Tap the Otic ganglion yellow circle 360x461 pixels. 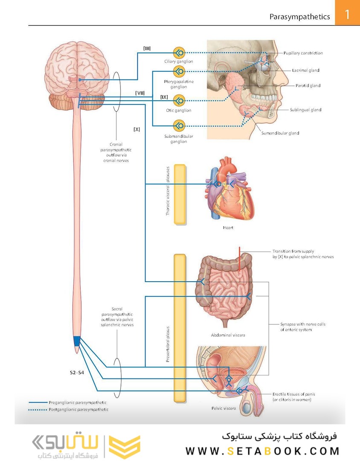[179, 101]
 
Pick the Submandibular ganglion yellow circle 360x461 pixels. [179, 125]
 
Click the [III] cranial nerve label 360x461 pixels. [147, 48]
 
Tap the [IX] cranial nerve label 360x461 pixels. [164, 97]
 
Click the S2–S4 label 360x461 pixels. [77, 373]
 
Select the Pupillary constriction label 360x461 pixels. [303, 53]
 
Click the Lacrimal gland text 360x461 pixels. [306, 70]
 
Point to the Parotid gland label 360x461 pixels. [308, 86]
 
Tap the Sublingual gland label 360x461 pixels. [305, 110]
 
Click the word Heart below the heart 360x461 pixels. [228, 228]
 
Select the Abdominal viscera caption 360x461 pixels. [228, 335]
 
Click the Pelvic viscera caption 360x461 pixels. [224, 408]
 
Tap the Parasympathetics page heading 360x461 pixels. [299, 17]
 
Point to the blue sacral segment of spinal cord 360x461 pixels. [77, 341]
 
